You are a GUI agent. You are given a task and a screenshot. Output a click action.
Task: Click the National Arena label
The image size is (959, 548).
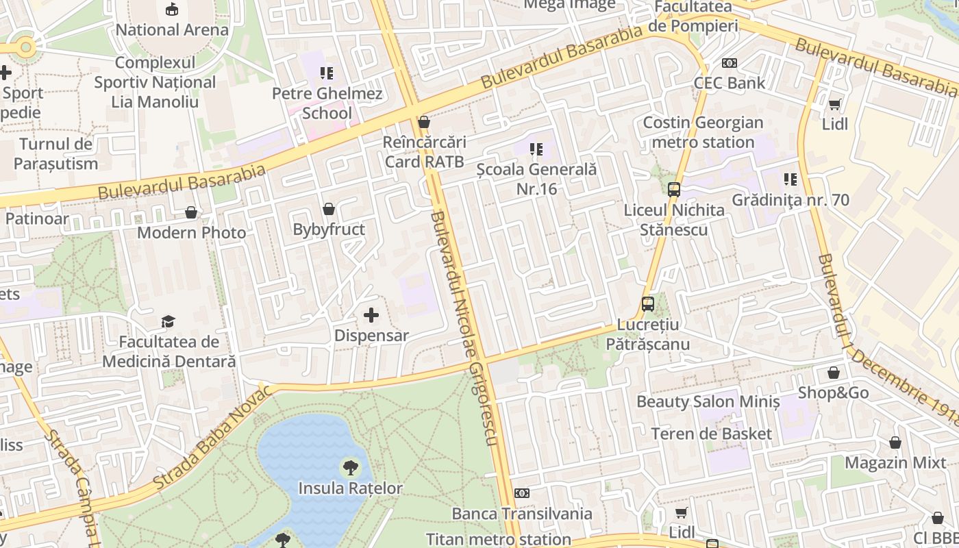(172, 30)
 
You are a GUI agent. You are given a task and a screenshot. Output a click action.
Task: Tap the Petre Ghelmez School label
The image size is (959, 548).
(327, 103)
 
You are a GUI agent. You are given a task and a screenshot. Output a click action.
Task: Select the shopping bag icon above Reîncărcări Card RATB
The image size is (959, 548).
(424, 123)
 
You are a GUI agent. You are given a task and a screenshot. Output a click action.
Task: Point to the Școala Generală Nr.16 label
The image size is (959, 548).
(536, 179)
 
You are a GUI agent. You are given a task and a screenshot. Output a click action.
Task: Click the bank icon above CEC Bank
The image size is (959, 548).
(730, 63)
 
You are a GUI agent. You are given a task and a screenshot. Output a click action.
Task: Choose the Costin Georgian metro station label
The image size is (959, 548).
(703, 132)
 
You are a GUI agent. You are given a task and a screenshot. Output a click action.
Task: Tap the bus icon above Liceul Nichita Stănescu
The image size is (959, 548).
(674, 190)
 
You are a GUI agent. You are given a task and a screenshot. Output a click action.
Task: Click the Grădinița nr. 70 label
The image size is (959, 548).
(790, 200)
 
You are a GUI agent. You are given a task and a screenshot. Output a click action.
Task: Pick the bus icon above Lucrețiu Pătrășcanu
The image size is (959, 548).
(648, 303)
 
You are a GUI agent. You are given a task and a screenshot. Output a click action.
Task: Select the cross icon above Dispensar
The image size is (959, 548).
(371, 315)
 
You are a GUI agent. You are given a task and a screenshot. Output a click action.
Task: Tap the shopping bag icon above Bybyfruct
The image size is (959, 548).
(329, 209)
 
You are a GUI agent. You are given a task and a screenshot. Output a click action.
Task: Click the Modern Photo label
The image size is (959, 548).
(192, 233)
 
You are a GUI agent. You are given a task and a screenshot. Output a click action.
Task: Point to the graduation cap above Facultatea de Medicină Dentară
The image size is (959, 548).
(169, 321)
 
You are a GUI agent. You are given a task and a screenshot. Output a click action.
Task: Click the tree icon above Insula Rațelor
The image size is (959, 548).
(350, 469)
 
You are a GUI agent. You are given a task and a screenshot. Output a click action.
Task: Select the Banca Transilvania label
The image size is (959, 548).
(522, 514)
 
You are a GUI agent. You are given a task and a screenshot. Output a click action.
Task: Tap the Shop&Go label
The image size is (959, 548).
(833, 393)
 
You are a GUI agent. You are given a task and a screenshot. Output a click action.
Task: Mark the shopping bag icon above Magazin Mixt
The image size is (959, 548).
(895, 443)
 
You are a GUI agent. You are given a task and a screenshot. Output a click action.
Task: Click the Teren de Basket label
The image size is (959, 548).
(711, 434)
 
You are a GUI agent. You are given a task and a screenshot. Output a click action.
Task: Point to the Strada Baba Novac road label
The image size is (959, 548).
(210, 438)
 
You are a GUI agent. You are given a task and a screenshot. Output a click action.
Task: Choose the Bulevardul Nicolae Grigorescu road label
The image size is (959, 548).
(463, 329)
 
